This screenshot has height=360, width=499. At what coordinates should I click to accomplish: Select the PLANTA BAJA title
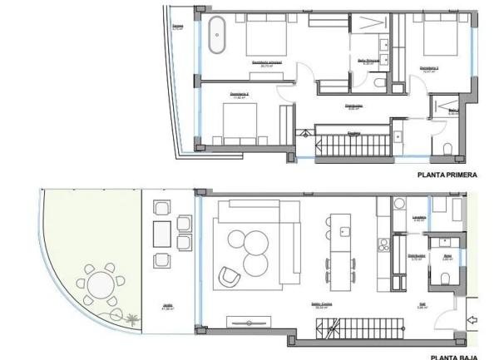(x=454, y=357)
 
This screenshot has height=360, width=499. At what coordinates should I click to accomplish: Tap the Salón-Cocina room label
(x=265, y=305)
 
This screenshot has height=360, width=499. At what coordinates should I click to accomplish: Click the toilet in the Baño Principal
(x=378, y=85)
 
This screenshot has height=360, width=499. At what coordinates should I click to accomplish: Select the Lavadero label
(x=419, y=220)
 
